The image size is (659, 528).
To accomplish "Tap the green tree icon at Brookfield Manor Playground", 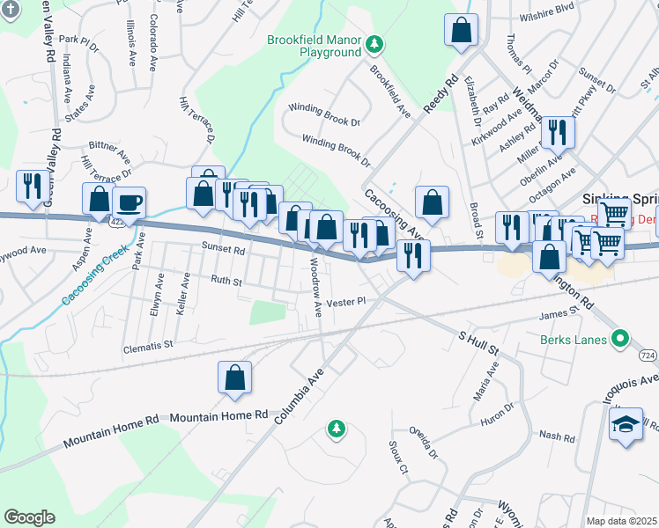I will click(374, 43).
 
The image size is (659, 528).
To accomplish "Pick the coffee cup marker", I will click(129, 203).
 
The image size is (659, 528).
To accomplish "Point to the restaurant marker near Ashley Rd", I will click(558, 132).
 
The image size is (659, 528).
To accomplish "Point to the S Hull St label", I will click(478, 343).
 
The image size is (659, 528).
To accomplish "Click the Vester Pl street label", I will click(345, 302).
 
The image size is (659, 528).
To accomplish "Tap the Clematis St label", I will click(148, 347).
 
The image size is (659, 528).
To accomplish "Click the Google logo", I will click(29, 517).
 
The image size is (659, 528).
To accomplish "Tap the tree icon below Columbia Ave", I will click(335, 429).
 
